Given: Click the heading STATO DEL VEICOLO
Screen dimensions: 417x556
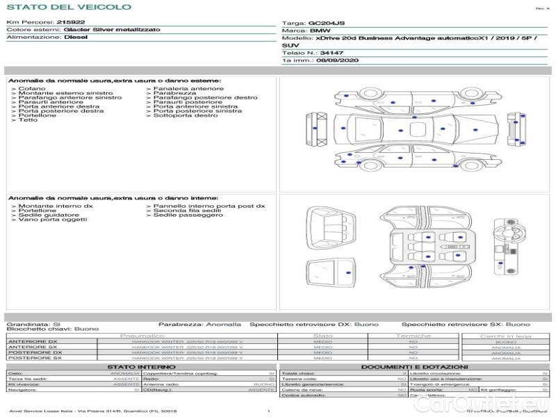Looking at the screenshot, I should [69, 7].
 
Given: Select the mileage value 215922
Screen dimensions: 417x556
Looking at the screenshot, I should [71, 22].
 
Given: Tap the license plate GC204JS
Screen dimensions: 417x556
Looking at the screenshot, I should [326, 23].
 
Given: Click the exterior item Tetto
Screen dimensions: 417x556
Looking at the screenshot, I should [28, 120].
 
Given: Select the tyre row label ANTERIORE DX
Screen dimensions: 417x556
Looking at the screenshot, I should [33, 342].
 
